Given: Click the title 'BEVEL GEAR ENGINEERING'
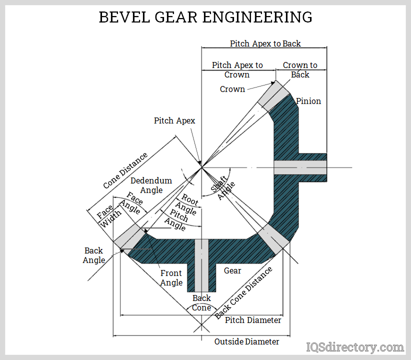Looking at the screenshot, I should pos(205,17).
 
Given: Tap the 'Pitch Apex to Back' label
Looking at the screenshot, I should pos(265,43).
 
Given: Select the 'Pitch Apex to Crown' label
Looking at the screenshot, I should pos(237,70).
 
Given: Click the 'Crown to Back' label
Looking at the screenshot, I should pos(300,70).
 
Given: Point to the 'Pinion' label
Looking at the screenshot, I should pos(308,101).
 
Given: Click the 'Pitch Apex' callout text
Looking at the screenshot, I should pos(174,120).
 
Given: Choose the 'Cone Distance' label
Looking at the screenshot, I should pos(125,170).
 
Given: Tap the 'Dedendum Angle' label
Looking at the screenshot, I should pos(151,185).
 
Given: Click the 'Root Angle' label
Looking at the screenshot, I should pos(189,204).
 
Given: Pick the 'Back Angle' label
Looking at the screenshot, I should pos(94,255).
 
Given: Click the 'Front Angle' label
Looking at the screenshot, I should pos(171,278).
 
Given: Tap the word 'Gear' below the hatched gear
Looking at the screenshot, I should pos(232,270).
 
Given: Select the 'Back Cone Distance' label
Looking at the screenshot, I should pos(244,292).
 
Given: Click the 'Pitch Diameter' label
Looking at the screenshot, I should pos(253,320).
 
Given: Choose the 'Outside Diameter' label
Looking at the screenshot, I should pos(246,341).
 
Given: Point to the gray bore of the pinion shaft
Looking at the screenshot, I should pos(300,167).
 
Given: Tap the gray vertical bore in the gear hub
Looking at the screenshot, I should pos(201,265).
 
